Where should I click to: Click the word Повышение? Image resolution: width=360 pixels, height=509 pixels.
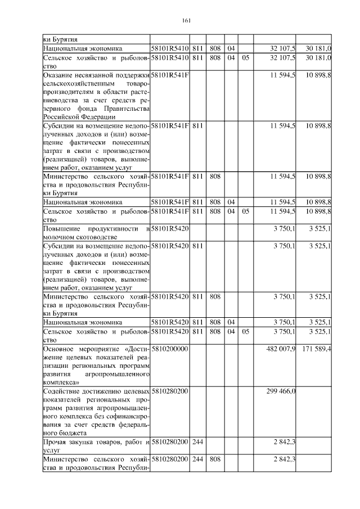coord(61,229)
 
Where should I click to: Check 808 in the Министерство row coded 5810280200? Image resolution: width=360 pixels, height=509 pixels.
coord(214,461)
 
